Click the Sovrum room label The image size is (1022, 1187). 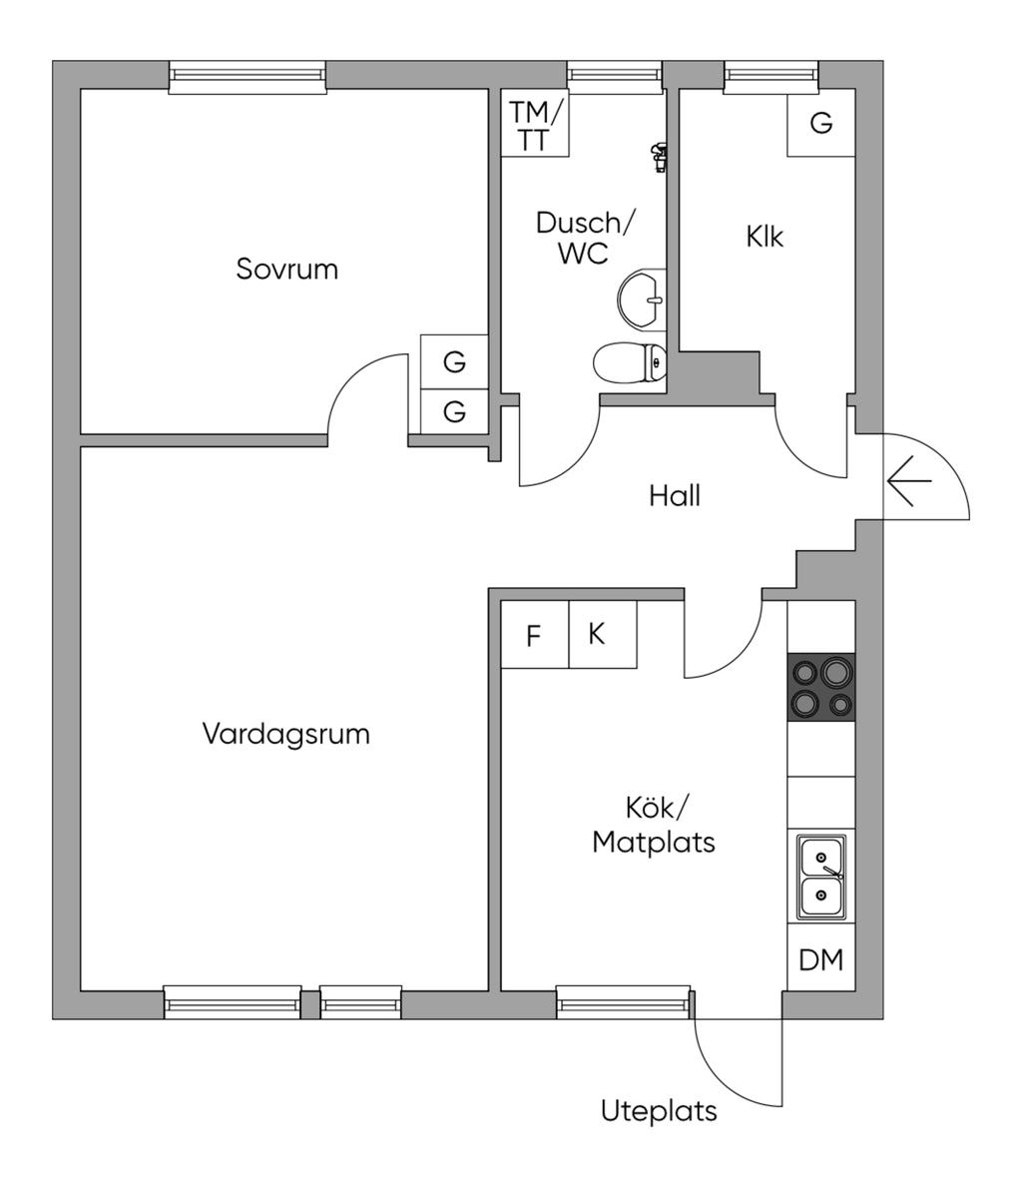pyautogui.click(x=286, y=269)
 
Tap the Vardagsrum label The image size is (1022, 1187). pyautogui.click(x=285, y=734)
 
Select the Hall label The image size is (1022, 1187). pyautogui.click(x=675, y=495)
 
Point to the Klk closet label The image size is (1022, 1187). pyautogui.click(x=765, y=238)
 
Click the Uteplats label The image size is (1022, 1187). pyautogui.click(x=659, y=1111)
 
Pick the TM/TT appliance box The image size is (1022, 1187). pyautogui.click(x=535, y=124)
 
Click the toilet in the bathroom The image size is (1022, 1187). pyautogui.click(x=630, y=362)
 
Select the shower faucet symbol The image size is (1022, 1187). pyautogui.click(x=659, y=157)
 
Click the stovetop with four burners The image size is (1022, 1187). pyautogui.click(x=821, y=686)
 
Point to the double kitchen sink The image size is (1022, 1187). pyautogui.click(x=821, y=877)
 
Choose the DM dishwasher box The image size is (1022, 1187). pyautogui.click(x=821, y=960)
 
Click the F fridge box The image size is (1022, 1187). pyautogui.click(x=534, y=635)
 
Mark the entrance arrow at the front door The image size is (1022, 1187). pyautogui.click(x=908, y=481)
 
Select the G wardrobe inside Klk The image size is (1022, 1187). pyautogui.click(x=821, y=123)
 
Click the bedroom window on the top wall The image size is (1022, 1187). pyautogui.click(x=248, y=77)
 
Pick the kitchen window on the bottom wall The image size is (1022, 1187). pyautogui.click(x=624, y=1001)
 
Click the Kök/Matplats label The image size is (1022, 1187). pyautogui.click(x=654, y=825)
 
